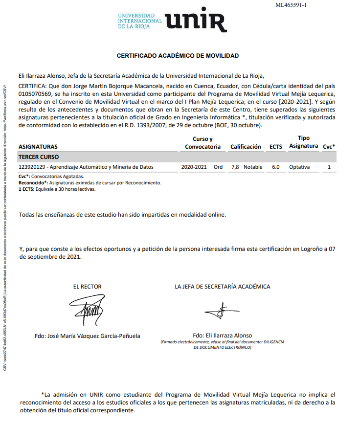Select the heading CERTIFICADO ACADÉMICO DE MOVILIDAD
178,56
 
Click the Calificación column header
246,147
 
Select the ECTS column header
276,147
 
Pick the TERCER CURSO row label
39,157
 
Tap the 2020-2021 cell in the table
194,167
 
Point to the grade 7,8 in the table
235,167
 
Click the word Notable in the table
253,167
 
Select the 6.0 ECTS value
276,167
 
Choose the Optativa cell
299,167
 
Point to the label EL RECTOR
88,287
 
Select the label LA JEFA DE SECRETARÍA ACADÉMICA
222,287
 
